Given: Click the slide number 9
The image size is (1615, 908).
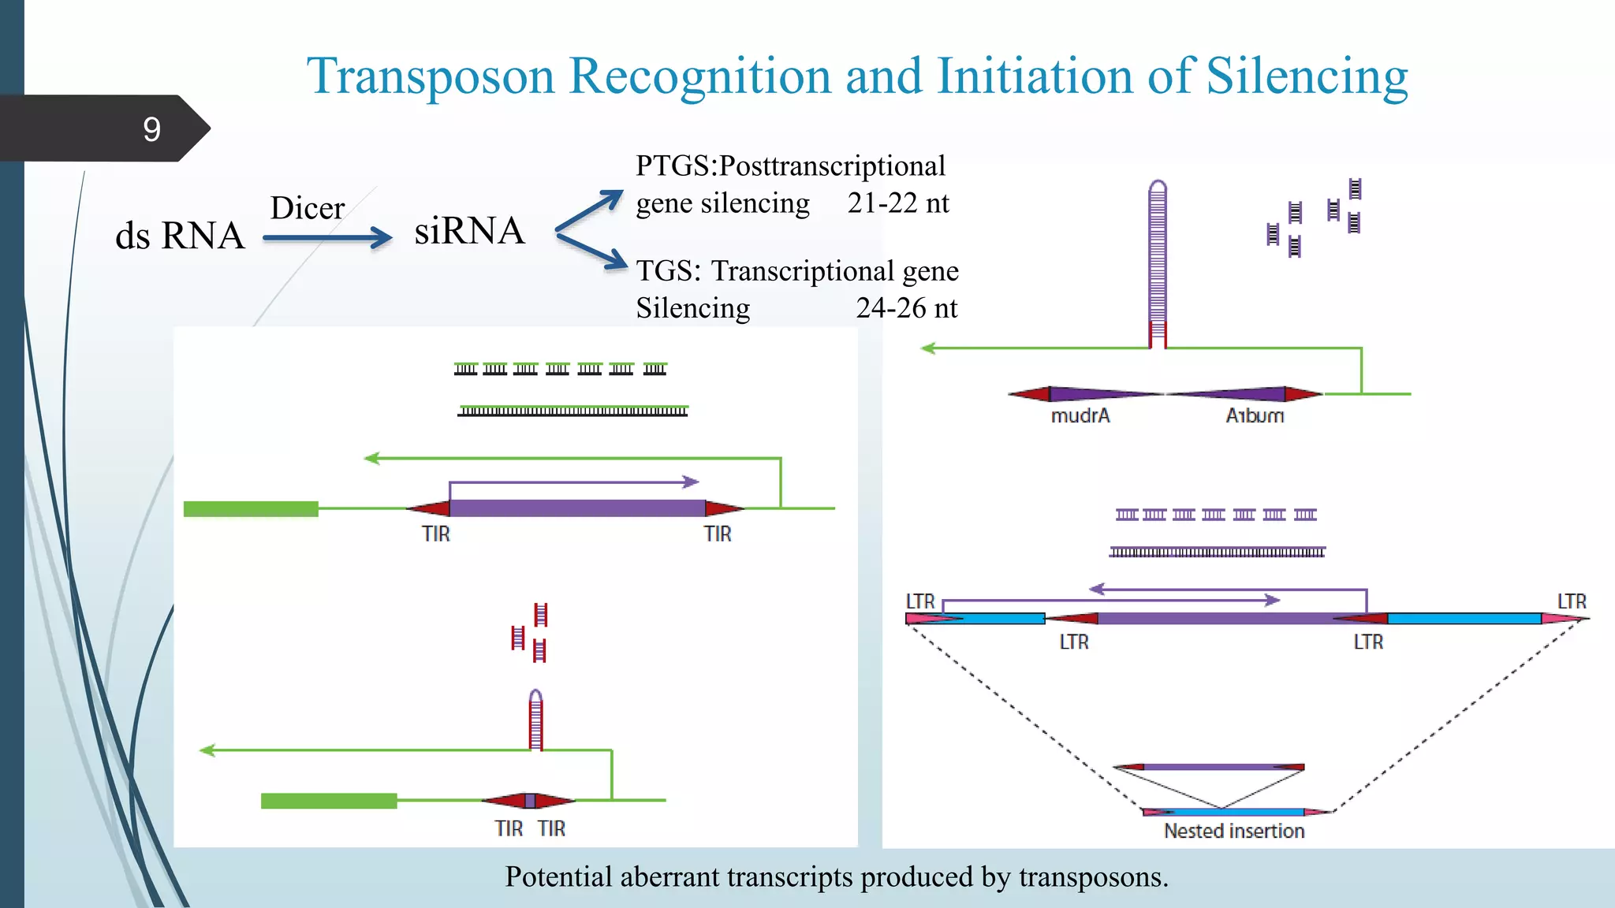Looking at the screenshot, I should click(151, 129).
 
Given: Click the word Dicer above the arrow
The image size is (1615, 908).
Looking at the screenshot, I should click(307, 209).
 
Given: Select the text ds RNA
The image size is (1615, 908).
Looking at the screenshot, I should click(180, 236).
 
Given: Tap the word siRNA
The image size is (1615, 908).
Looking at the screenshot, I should click(469, 231).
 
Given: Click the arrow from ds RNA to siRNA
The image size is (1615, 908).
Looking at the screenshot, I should click(326, 237).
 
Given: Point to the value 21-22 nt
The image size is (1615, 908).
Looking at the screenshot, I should click(897, 203).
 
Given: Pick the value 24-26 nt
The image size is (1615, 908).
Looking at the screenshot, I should click(906, 308).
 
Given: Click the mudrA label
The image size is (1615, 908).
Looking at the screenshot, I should click(1080, 415).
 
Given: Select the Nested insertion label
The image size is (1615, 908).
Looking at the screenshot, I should click(1234, 831).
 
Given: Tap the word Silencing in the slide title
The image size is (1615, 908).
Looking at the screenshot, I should click(1307, 76).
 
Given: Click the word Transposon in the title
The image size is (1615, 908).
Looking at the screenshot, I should click(431, 76).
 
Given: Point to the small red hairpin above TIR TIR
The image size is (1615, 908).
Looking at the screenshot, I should click(535, 719).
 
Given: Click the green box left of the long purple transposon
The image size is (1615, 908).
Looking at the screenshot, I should click(251, 509).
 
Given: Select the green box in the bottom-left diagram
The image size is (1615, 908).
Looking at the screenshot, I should click(328, 801).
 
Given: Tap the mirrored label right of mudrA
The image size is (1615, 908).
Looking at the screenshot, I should click(1255, 415).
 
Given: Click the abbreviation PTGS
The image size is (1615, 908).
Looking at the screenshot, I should click(673, 166).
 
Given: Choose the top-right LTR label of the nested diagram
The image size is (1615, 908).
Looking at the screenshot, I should click(1571, 601).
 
